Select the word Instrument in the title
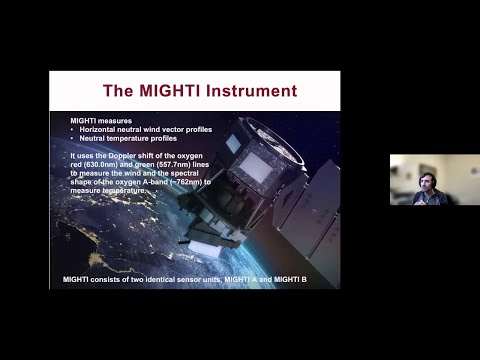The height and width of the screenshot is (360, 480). [253, 91]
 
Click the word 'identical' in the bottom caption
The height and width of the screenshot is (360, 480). [158, 278]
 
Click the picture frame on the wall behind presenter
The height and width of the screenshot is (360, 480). [399, 171]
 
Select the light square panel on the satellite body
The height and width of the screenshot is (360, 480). [255, 170]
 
